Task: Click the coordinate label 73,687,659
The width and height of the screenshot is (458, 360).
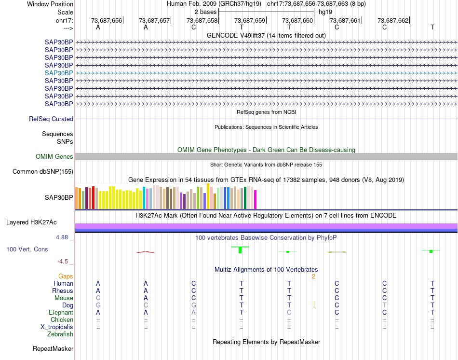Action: coord(250,20)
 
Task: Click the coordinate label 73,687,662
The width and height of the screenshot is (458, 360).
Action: coord(393,20)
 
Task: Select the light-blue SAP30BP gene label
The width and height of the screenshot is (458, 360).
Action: coord(59,73)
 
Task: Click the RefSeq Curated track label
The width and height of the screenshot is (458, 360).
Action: coord(51,119)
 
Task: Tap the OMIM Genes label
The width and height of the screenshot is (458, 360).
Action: coord(54,157)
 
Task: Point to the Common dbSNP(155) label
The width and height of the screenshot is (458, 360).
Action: coord(43,172)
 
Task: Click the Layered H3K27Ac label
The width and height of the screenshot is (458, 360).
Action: coord(31,222)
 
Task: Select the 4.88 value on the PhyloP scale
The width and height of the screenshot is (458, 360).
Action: coord(63,238)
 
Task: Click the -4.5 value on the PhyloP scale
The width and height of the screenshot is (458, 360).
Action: coord(63,262)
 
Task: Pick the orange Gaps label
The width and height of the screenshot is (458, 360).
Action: coord(66,277)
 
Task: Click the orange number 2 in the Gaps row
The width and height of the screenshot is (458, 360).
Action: coord(313,277)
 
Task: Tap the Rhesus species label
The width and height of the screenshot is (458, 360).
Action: coord(63,291)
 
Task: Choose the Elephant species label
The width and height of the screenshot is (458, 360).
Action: coord(61,313)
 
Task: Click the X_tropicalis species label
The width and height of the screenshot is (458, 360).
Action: coord(57,327)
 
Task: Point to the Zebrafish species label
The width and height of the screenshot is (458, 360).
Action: coord(60,334)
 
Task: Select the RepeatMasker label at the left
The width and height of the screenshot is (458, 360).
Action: coord(53,348)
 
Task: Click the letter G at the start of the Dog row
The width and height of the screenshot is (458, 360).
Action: coord(98,305)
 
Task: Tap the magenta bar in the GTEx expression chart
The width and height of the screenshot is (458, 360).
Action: coord(256,200)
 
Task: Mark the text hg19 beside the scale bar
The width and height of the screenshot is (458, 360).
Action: coord(325,11)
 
